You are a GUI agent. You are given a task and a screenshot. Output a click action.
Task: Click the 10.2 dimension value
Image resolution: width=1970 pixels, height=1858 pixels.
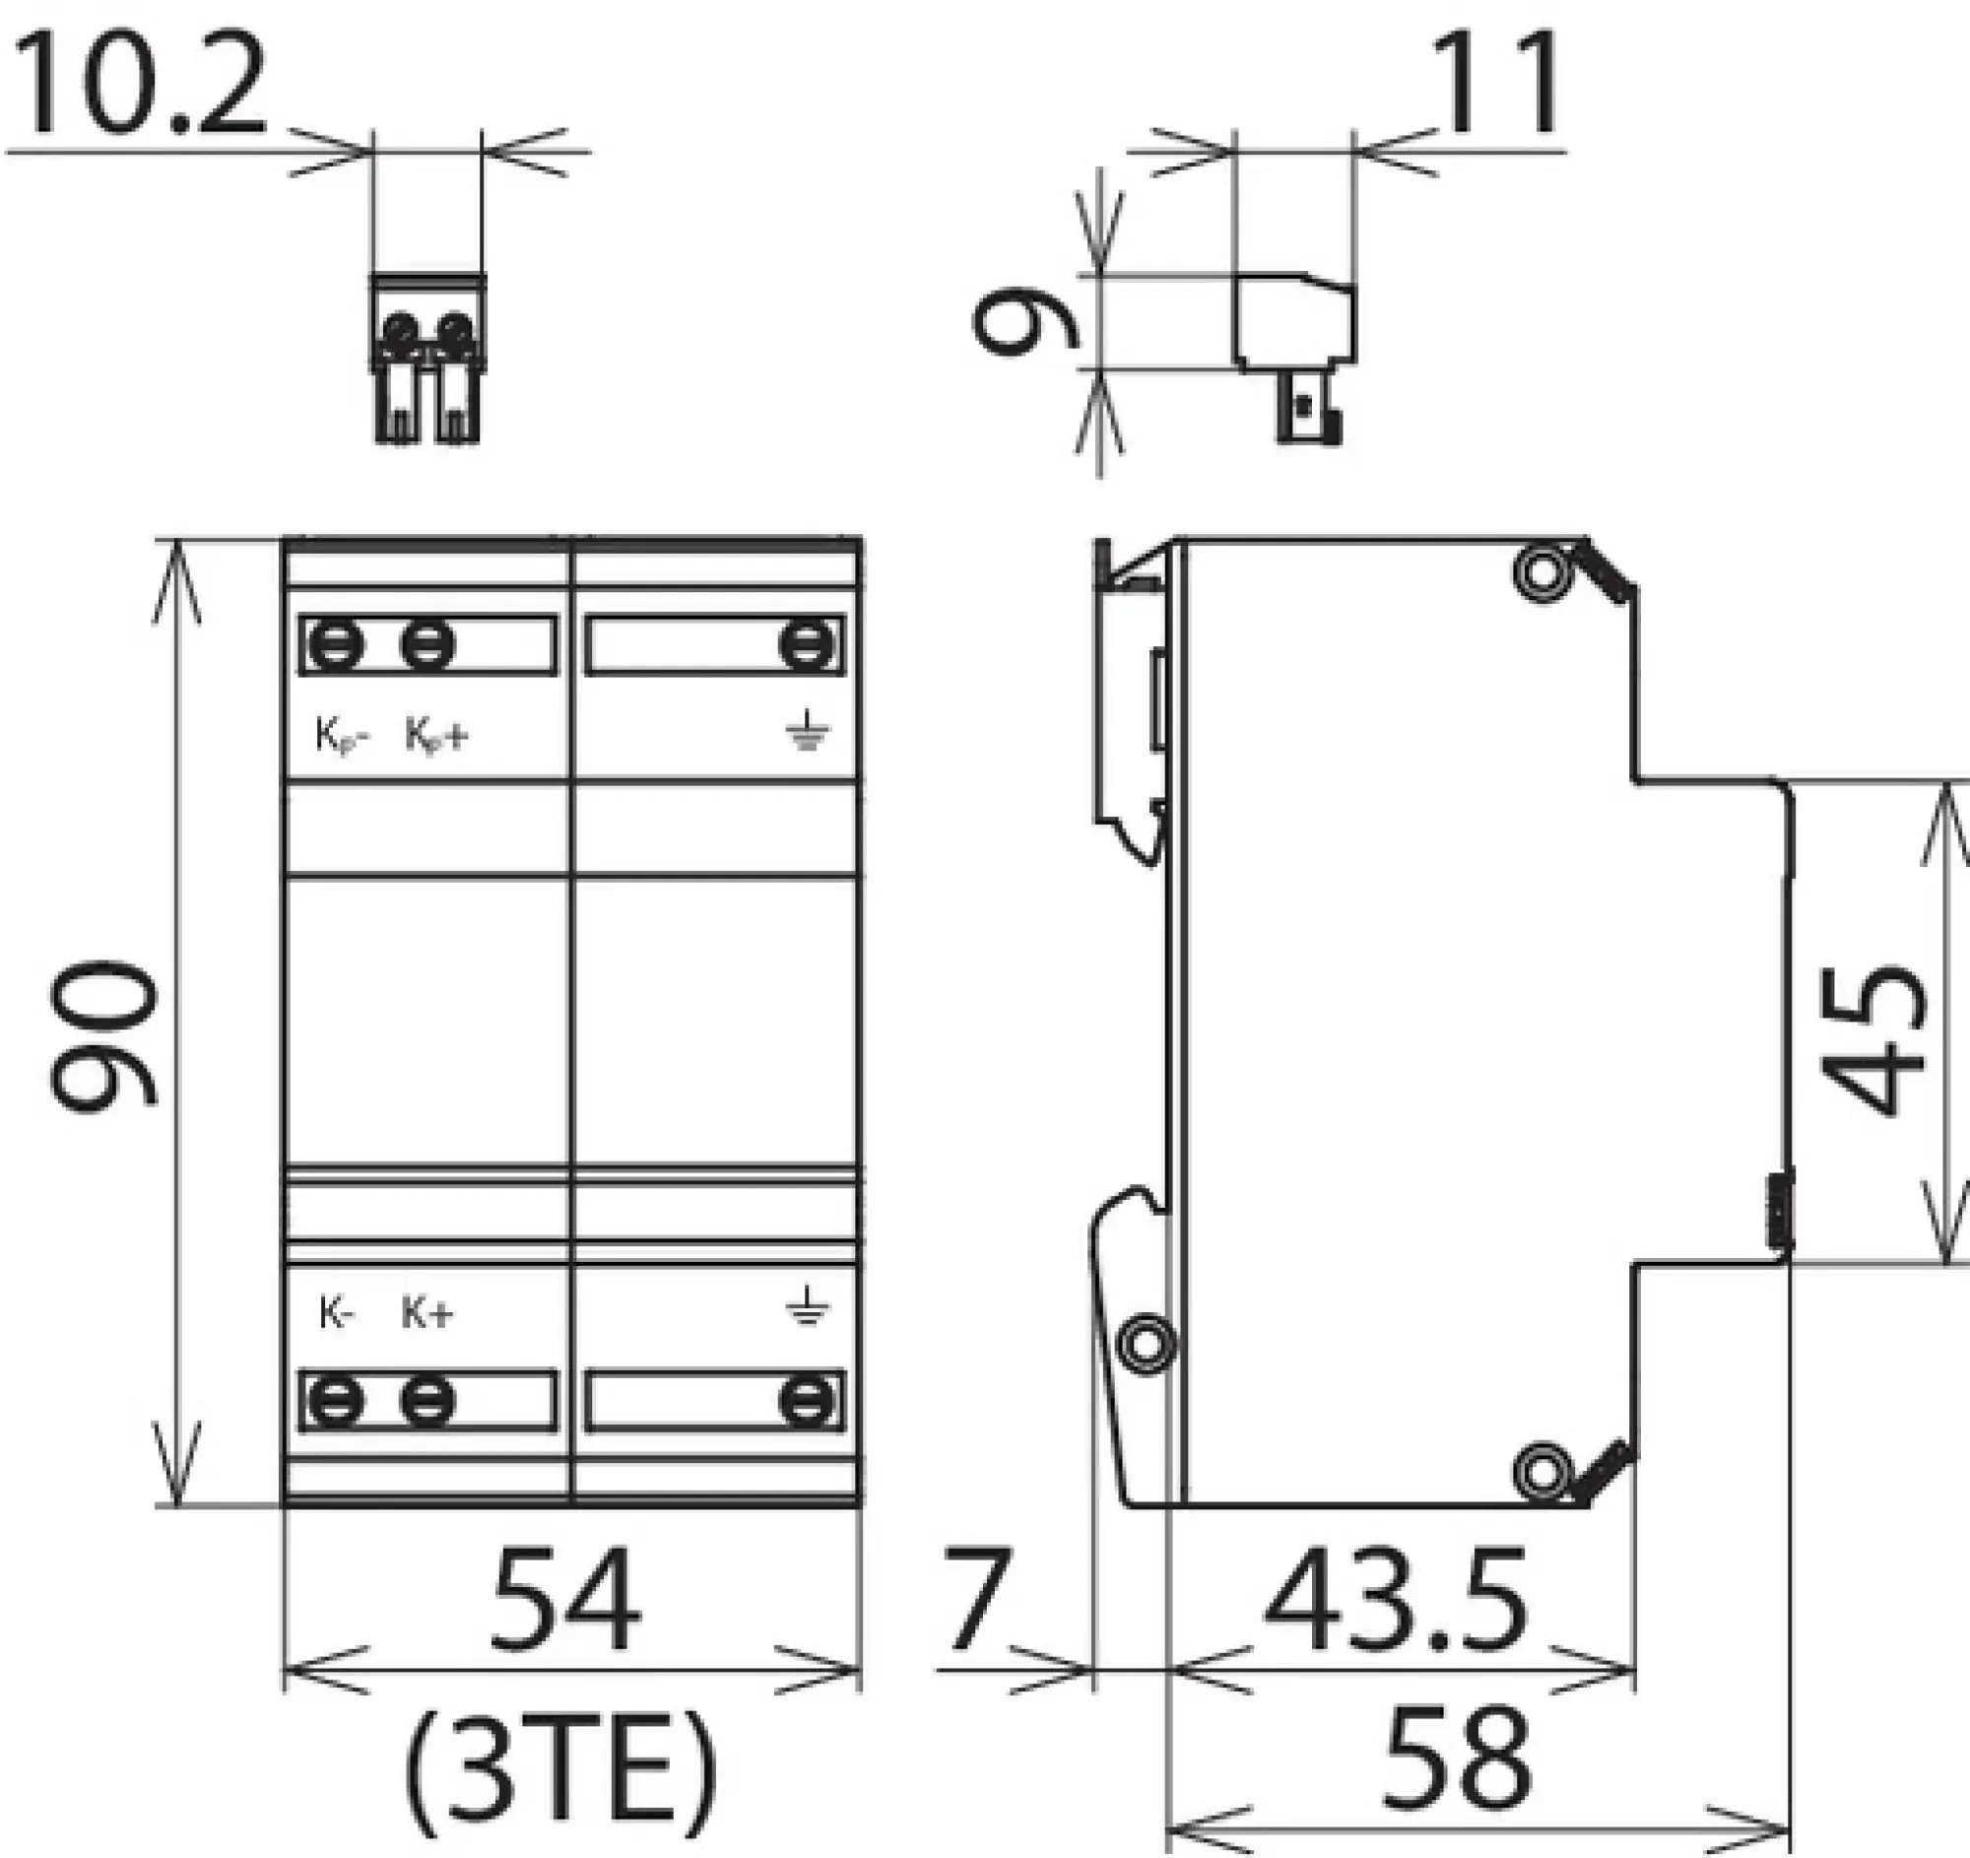point(137,86)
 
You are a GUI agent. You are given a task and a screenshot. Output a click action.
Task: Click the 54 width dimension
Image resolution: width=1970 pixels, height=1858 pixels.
point(565,1598)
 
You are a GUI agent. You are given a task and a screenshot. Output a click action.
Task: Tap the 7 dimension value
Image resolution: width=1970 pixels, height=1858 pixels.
point(976,1598)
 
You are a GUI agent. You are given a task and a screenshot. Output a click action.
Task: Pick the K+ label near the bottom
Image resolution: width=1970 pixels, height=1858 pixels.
point(427,1313)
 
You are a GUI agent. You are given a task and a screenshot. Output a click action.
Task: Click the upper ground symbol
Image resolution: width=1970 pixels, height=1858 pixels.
point(808,730)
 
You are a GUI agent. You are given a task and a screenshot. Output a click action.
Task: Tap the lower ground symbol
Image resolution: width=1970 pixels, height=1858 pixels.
point(808,1307)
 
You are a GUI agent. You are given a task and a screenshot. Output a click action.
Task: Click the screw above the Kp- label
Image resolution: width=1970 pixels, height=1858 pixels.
point(336,645)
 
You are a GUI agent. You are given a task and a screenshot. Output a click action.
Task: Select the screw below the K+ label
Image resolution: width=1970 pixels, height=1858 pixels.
point(428,1401)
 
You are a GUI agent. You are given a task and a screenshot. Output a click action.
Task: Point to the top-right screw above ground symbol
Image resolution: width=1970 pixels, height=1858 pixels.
point(808,645)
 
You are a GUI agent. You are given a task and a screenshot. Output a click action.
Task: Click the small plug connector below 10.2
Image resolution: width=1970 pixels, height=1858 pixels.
point(428,358)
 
